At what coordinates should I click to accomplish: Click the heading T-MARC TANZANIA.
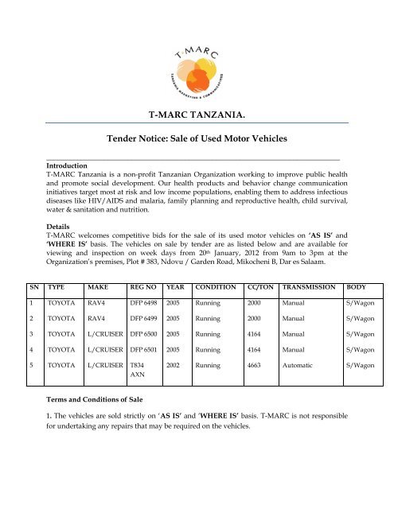[x=197, y=116]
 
